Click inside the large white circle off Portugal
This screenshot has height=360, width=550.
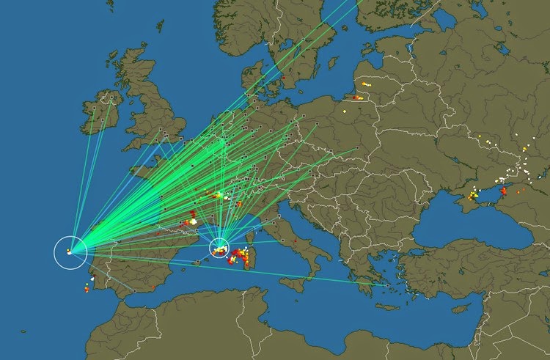70,252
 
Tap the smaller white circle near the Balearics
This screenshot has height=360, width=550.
219,248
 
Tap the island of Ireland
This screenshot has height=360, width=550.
99,114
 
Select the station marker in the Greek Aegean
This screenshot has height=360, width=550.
386,285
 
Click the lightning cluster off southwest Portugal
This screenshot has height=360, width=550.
86,288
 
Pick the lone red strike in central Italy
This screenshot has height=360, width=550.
294,240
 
